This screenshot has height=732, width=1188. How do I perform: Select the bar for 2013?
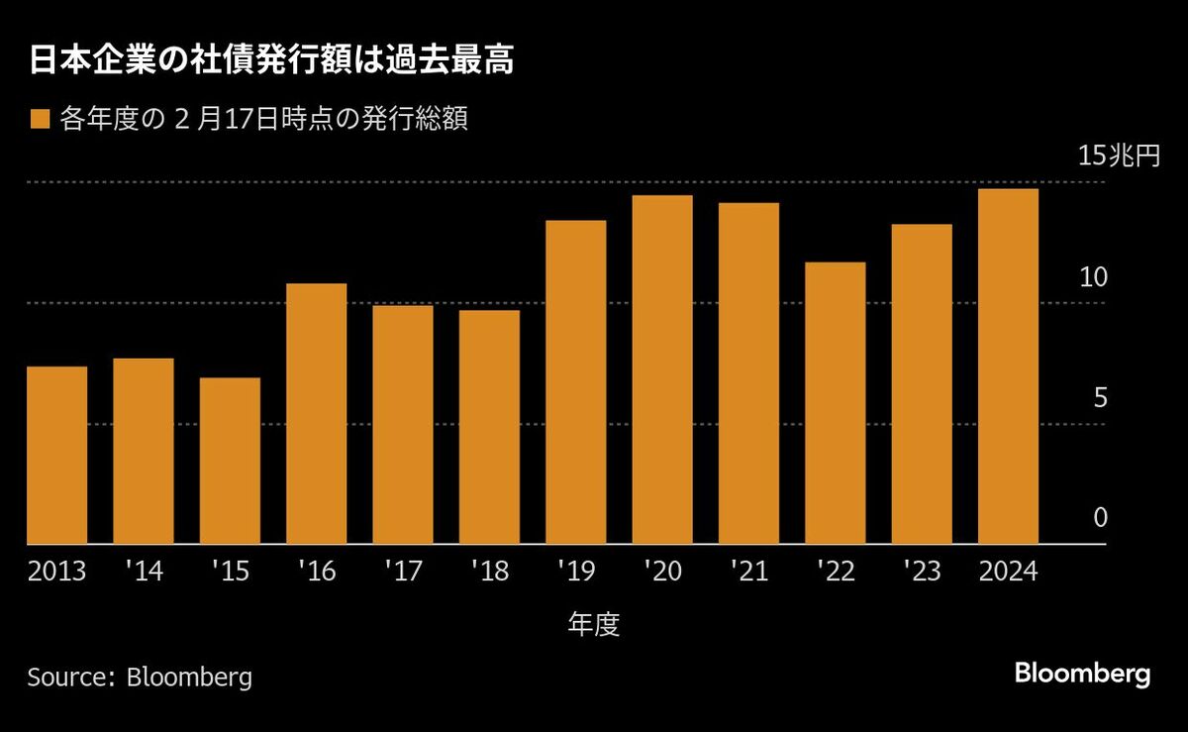tap(56, 456)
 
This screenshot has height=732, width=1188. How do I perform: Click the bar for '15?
tap(230, 461)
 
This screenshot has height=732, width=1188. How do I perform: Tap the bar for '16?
tap(316, 414)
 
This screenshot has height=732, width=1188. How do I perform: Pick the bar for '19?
tap(575, 382)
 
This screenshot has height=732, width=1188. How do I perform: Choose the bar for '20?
tap(662, 369)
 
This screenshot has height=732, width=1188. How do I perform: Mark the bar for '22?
tap(835, 403)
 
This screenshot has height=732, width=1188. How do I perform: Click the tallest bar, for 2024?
tap(1008, 366)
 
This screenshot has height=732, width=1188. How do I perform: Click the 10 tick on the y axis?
tap(1093, 277)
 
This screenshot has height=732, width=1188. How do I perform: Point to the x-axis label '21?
tap(748, 572)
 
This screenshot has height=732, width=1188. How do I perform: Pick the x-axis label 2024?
tap(1008, 572)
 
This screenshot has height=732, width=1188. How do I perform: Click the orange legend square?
tap(40, 120)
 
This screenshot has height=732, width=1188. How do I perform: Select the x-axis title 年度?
tap(594, 624)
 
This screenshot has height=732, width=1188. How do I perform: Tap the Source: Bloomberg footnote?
tap(140, 678)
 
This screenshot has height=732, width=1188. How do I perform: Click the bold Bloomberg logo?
tap(1082, 675)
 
